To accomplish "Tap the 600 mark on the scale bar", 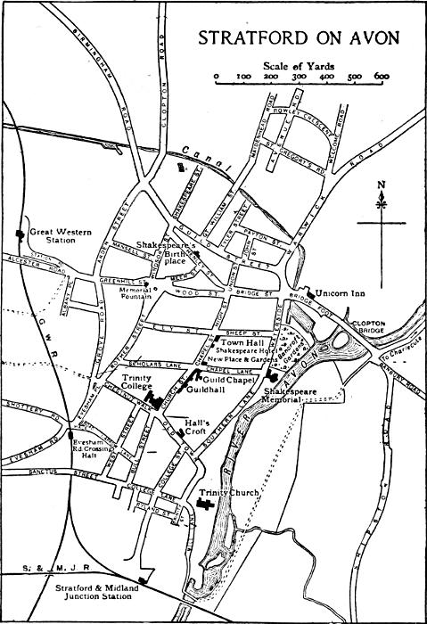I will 382,78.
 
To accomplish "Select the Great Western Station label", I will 54,235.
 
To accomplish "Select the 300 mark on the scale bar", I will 300,78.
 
